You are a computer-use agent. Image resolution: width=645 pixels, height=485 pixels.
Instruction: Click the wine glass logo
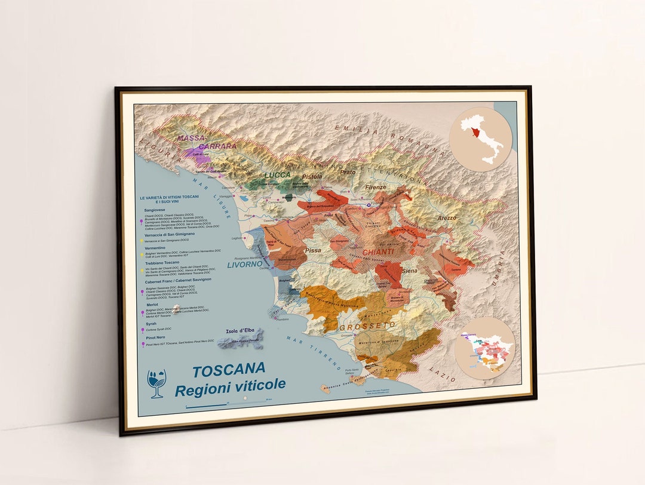click(156, 383)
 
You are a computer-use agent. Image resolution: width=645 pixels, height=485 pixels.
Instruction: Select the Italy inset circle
click(481, 140)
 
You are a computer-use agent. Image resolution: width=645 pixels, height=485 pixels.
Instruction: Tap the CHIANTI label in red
click(377, 252)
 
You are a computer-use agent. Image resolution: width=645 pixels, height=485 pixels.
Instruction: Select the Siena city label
click(410, 271)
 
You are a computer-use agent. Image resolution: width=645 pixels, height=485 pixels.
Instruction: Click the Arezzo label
click(446, 218)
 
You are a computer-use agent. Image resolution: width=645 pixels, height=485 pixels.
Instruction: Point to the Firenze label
click(376, 187)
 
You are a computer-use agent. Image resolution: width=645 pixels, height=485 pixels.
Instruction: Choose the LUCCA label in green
click(278, 175)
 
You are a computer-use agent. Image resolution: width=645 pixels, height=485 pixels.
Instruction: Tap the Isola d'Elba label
click(241, 331)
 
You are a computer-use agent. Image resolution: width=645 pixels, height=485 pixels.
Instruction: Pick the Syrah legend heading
click(150, 323)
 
